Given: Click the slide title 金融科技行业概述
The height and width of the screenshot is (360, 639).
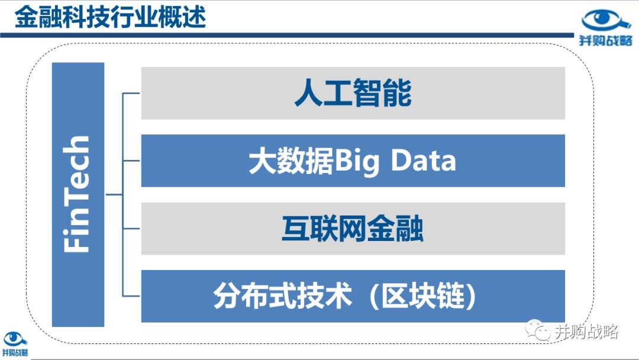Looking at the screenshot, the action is pyautogui.click(x=111, y=17).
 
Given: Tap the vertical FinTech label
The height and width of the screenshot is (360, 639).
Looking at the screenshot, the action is pyautogui.click(x=76, y=194).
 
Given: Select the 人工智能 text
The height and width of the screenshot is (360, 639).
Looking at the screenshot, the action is pyautogui.click(x=353, y=93).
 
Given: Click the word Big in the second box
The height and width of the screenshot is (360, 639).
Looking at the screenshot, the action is pyautogui.click(x=357, y=162).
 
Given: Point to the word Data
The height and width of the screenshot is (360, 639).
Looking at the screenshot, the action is pyautogui.click(x=424, y=160).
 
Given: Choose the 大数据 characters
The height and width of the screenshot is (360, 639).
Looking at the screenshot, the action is pyautogui.click(x=291, y=160).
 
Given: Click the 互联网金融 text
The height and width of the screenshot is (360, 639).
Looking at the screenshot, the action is pyautogui.click(x=353, y=229).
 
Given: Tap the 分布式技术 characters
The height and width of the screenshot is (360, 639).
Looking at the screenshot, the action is pyautogui.click(x=282, y=295).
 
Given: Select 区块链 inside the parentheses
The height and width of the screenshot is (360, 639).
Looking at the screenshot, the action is pyautogui.click(x=423, y=295).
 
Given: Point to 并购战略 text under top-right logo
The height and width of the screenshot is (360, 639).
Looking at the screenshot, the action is pyautogui.click(x=606, y=40).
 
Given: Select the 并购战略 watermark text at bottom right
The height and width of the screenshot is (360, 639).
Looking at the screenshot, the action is pyautogui.click(x=586, y=332).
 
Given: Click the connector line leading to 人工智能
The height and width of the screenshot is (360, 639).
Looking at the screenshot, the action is pyautogui.click(x=131, y=94).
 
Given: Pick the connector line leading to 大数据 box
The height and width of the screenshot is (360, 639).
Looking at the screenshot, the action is pyautogui.click(x=131, y=160).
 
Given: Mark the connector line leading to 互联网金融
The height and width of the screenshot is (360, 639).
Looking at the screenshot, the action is pyautogui.click(x=131, y=229).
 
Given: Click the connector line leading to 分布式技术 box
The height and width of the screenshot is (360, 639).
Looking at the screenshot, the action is pyautogui.click(x=131, y=295).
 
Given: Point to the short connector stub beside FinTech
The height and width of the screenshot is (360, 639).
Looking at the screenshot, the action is pyautogui.click(x=114, y=194).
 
